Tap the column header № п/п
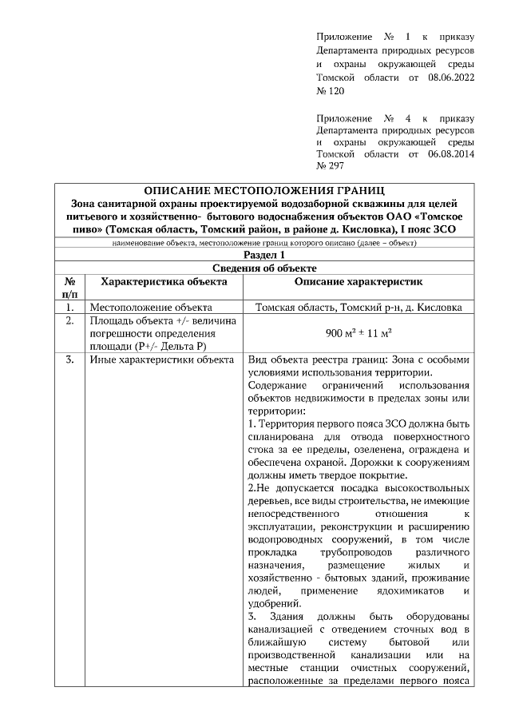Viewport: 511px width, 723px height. (70, 288)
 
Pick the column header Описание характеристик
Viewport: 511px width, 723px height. (358, 281)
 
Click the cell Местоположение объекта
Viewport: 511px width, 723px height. (150, 307)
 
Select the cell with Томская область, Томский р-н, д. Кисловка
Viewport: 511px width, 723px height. (358, 307)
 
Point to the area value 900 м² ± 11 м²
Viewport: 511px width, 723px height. (358, 333)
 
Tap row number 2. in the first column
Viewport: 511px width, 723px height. (70, 320)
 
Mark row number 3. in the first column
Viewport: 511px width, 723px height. (70, 360)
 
